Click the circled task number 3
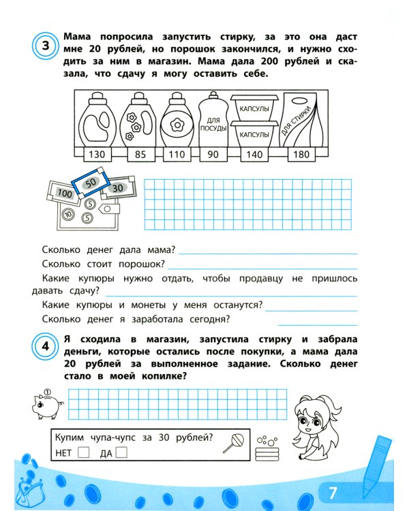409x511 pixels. [45, 46]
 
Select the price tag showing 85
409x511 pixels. [140, 155]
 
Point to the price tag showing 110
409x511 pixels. [177, 155]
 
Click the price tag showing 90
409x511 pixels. [213, 155]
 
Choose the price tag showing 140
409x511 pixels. [254, 155]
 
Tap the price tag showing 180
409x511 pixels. [301, 155]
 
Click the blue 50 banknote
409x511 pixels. [90, 183]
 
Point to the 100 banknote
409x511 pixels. [63, 193]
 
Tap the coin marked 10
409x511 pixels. [67, 214]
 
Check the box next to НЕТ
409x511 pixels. [83, 452]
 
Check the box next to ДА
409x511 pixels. [122, 452]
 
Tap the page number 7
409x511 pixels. [333, 492]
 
